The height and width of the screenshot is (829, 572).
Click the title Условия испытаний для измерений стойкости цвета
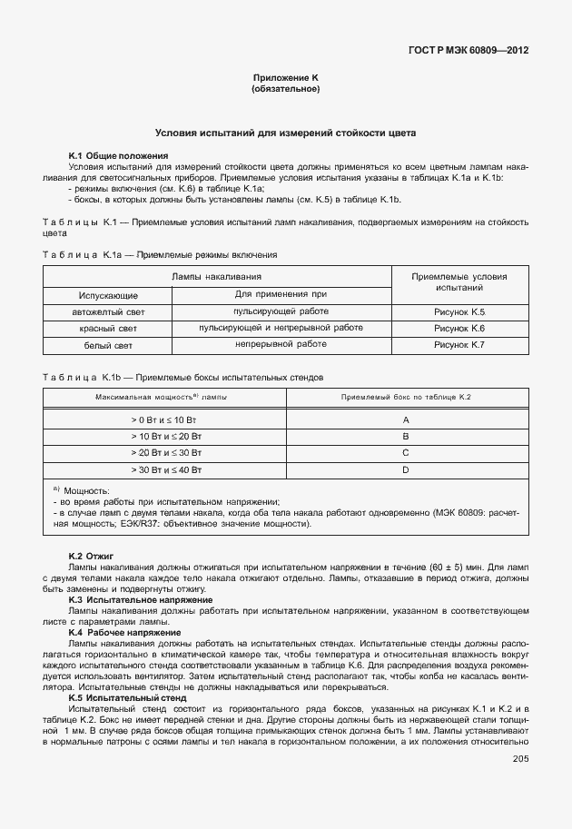click(285, 133)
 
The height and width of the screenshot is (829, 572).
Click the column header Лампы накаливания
click(217, 276)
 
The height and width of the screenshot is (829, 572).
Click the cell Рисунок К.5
click(459, 311)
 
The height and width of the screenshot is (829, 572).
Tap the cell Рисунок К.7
click(459, 345)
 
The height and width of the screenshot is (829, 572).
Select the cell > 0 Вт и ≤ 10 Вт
click(164, 419)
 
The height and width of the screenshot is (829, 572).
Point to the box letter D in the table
click(406, 469)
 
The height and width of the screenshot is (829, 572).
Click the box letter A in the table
click(406, 419)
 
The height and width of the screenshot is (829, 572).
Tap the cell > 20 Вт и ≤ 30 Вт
click(164, 452)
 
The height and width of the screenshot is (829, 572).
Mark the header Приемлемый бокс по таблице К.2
click(406, 398)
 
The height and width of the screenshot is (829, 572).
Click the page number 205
click(520, 759)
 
